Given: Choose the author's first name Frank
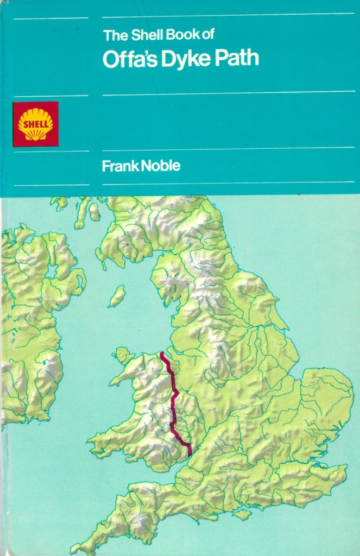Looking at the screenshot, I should (120, 166).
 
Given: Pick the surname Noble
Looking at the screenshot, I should (161, 166).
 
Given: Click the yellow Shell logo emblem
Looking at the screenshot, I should (36, 124).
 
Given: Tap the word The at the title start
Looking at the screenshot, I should (114, 36).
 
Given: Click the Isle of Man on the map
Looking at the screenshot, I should (117, 296).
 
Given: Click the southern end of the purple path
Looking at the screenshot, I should (190, 454).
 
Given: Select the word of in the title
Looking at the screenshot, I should (208, 36).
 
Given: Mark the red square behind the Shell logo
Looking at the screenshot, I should (21, 138).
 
